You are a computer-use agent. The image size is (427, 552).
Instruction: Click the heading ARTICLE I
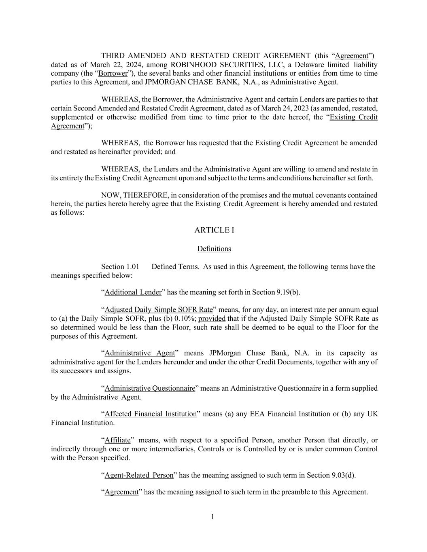(214, 230)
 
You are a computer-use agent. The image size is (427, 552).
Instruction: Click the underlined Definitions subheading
(214, 249)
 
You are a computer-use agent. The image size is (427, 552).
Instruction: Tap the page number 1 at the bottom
(212, 517)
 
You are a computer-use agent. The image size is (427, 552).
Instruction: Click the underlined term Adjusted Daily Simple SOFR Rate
(159, 310)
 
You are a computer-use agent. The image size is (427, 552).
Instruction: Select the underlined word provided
(212, 319)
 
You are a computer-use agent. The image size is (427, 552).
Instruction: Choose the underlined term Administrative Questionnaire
(150, 388)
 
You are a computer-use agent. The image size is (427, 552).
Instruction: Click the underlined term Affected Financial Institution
(151, 414)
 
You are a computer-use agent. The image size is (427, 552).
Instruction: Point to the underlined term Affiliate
(118, 440)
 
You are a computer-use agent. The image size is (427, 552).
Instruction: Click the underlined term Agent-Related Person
(139, 475)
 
